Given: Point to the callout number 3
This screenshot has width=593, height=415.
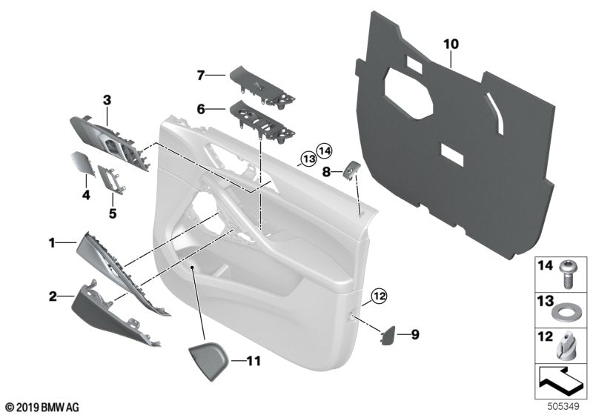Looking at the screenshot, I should click(107, 99).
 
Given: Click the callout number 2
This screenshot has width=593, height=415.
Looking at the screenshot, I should click(53, 296).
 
